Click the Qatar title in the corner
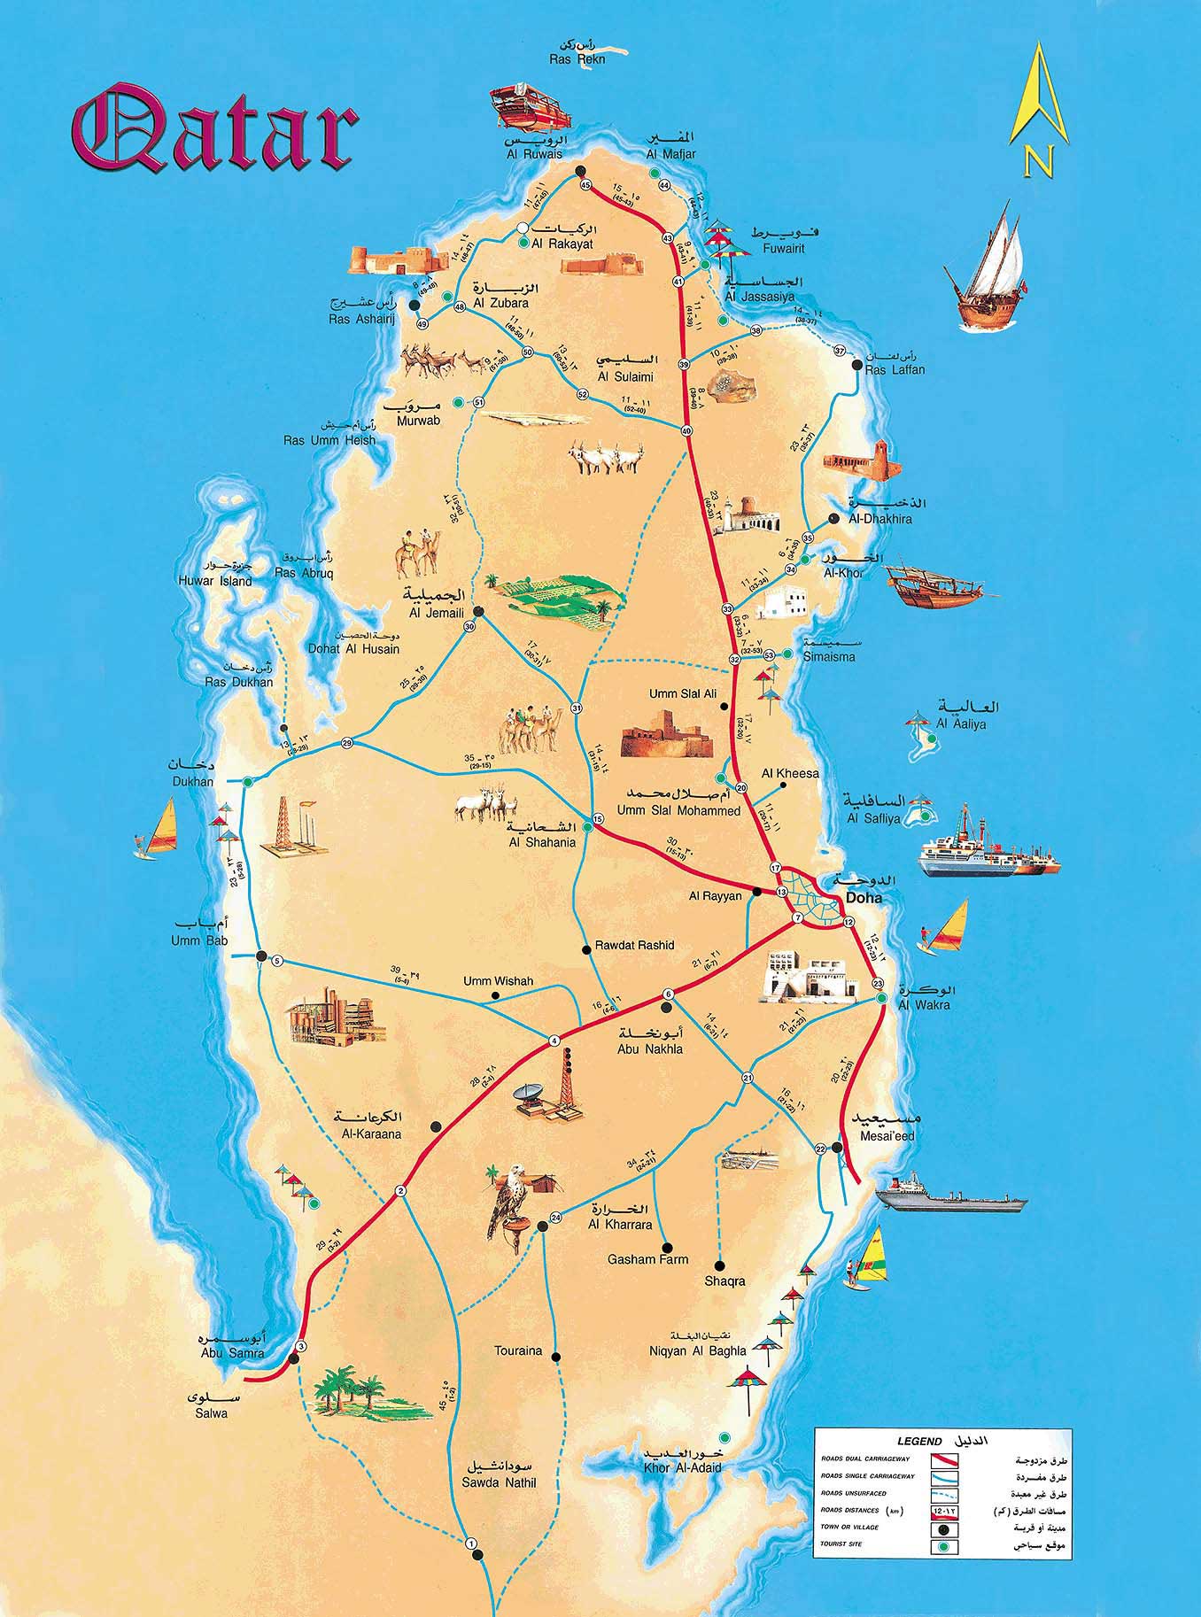tap(215, 128)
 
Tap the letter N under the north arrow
tap(1038, 161)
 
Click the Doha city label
tap(864, 898)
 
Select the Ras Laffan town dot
tap(856, 364)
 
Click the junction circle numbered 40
tap(686, 430)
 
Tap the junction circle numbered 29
tap(347, 743)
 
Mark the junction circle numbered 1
tap(471, 1544)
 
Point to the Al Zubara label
tap(500, 303)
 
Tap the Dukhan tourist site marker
tap(249, 782)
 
